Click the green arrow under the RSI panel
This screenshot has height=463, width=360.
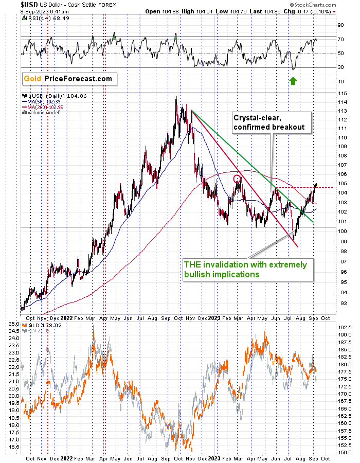tap(293, 81)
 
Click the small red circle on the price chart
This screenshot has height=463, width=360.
tap(237, 179)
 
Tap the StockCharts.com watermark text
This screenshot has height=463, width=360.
tap(313, 5)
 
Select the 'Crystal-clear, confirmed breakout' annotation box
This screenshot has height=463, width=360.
tap(272, 122)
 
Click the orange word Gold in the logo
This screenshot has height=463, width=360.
tap(32, 79)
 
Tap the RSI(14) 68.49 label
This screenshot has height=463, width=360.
tap(48, 19)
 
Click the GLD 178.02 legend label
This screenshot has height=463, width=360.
tap(42, 326)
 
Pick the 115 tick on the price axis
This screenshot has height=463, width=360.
tap(343, 93)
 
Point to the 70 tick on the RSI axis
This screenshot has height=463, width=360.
tap(340, 39)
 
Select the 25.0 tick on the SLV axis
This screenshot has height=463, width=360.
tap(14, 324)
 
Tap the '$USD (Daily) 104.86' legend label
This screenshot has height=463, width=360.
tap(55, 96)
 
